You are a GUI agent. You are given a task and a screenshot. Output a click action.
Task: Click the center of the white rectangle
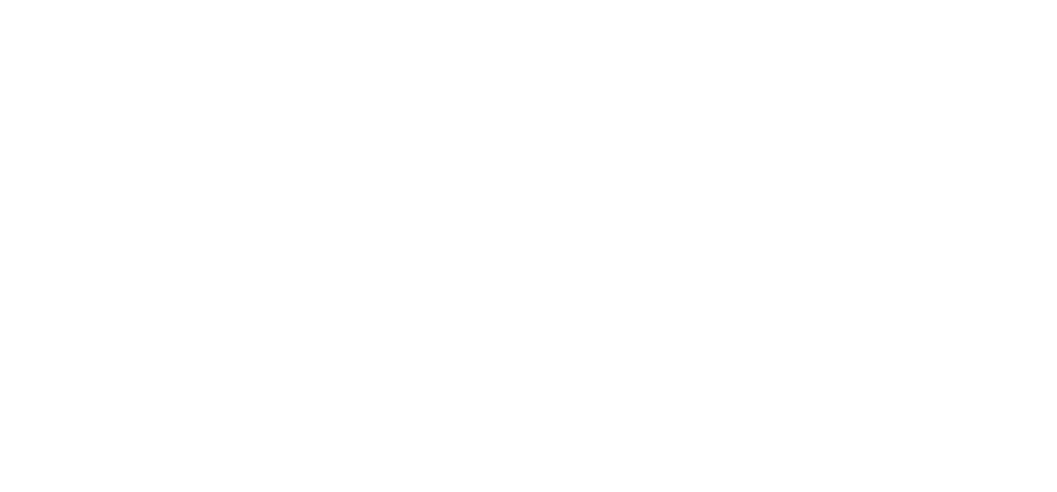click(x=528, y=250)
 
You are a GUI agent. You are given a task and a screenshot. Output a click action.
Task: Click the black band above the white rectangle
click(x=528, y=30)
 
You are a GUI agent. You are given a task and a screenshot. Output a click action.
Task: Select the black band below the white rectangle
click(x=528, y=466)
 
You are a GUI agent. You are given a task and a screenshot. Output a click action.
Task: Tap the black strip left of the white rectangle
click(x=27, y=250)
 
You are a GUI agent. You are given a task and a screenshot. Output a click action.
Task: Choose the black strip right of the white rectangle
click(x=1029, y=250)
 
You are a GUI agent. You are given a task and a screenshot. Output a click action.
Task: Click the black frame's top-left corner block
click(x=27, y=30)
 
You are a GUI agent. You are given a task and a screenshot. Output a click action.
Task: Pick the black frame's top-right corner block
click(x=1029, y=30)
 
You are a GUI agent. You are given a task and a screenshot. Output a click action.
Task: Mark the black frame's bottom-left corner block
click(x=27, y=466)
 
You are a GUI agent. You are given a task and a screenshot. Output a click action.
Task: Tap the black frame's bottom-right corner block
click(x=1029, y=466)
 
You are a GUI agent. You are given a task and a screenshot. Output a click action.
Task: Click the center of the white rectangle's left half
click(x=292, y=250)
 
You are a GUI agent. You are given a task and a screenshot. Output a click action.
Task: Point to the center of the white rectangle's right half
click(x=765, y=250)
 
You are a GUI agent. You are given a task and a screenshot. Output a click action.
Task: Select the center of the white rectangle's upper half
click(x=528, y=156)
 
